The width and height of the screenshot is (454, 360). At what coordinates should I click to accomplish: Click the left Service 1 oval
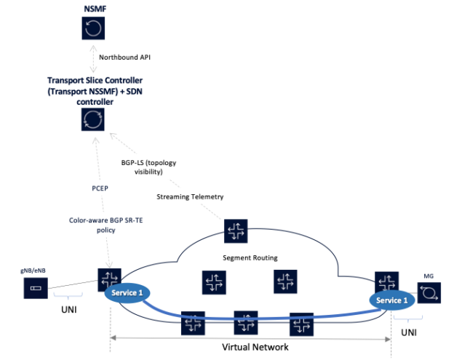coord(128,292)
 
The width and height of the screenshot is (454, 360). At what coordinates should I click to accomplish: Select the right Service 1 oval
coord(393,300)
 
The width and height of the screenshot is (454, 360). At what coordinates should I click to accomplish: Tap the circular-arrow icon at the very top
coord(92,28)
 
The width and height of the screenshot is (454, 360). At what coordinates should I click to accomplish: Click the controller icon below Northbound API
coord(92,119)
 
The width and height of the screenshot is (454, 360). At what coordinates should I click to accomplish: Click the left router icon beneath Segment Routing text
coord(214,282)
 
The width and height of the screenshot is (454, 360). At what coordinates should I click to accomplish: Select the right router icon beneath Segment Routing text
coord(285,282)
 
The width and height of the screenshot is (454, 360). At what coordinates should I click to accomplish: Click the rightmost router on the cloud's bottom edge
coord(300,324)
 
